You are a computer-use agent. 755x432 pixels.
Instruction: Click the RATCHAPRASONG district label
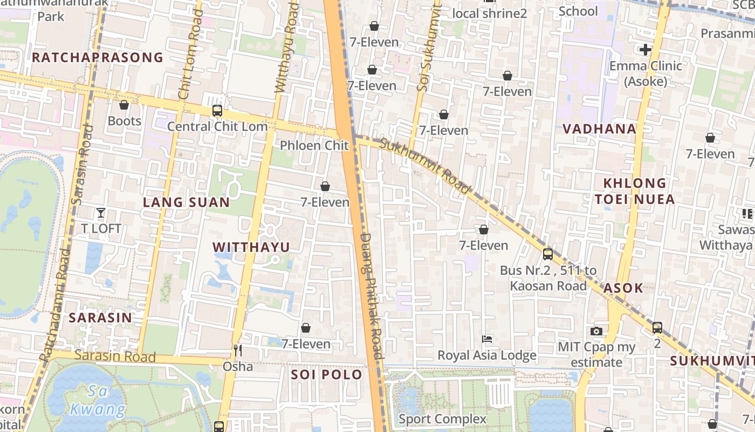pos(97,57)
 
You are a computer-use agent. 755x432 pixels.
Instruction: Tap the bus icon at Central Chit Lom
pos(217,111)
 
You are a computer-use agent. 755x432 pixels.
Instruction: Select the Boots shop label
pos(125,120)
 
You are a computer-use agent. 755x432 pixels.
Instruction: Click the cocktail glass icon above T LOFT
pos(101,212)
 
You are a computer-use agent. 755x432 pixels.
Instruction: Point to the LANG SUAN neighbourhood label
pos(186,202)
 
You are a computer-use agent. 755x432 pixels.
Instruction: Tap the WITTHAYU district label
pos(251,247)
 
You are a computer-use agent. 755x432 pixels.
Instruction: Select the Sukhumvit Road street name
pos(425,166)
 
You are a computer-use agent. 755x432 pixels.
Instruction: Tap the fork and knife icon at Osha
pos(238,350)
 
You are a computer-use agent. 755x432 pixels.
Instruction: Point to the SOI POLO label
pos(326,374)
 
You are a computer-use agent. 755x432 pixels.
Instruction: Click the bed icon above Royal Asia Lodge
pos(487,339)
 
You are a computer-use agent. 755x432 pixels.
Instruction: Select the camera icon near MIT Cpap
pos(596,331)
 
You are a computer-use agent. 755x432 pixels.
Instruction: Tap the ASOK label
pos(623,288)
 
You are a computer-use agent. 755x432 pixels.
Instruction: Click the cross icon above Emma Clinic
pos(645,50)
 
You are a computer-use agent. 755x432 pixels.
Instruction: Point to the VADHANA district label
pos(599,129)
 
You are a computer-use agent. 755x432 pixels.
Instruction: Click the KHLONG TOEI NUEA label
pos(635,191)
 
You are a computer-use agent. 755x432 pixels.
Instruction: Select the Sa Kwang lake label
pos(98,400)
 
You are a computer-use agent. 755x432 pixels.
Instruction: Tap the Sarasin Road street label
pos(115,356)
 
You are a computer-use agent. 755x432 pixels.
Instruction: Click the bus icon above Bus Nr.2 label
pos(548,254)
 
